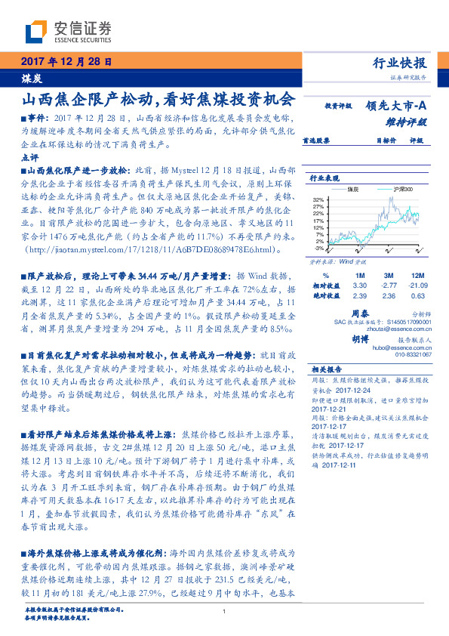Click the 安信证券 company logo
68,32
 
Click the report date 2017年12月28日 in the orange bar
68,63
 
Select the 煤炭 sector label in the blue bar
32,78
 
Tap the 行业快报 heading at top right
400,63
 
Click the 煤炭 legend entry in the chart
352,189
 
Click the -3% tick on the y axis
319,248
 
